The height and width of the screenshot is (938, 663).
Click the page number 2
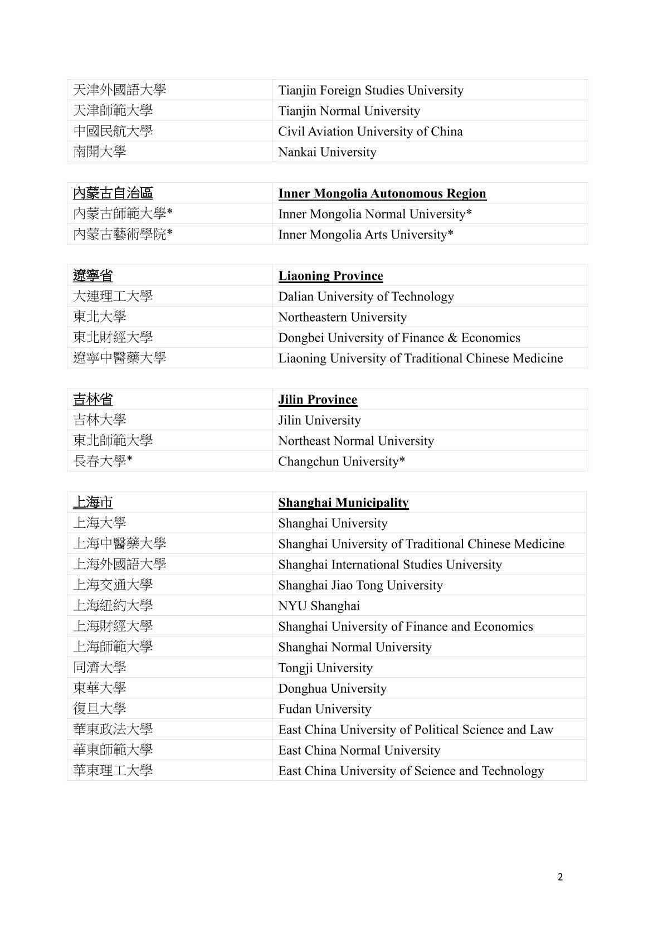coord(560,877)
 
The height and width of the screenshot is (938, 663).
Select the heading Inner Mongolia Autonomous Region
coord(382,193)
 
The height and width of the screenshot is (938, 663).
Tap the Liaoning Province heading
coord(330,276)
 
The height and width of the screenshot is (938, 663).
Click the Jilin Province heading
coord(318,400)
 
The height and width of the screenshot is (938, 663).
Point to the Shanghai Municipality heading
coord(343,503)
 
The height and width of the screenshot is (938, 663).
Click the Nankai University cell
coord(327,152)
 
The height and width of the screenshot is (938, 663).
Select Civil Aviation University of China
coord(370,132)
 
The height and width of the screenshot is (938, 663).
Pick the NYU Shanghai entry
coord(319,606)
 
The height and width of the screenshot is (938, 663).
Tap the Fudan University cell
coord(324,709)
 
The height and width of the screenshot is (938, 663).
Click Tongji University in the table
coord(325,668)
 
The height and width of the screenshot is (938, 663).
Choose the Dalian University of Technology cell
coord(365,297)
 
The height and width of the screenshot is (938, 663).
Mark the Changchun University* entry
coord(341,461)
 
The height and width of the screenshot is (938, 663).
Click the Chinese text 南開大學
coord(100,152)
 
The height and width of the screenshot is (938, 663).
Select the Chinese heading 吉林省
coord(93,400)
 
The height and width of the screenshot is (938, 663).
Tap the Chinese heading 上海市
coord(93,503)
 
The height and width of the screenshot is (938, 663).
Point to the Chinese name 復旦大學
coord(100,708)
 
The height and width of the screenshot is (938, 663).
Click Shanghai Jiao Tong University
coord(360,585)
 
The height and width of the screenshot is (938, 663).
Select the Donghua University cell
coord(332,688)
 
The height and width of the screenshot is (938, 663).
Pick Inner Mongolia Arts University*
coord(365,235)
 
